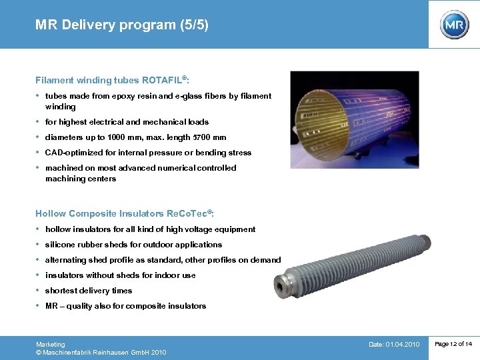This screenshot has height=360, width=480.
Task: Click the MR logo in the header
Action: [x=454, y=25]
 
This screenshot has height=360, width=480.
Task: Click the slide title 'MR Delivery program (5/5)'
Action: [x=122, y=25]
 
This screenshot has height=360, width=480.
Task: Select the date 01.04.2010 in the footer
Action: [x=402, y=344]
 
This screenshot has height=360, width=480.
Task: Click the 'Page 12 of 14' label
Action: [x=453, y=344]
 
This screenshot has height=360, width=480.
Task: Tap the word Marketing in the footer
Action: [x=51, y=344]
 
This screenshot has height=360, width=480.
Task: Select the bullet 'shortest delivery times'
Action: [x=89, y=291]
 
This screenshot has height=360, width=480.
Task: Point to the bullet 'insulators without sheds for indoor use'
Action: [x=120, y=275]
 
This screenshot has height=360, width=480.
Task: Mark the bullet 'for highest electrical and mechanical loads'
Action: [x=127, y=122]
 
